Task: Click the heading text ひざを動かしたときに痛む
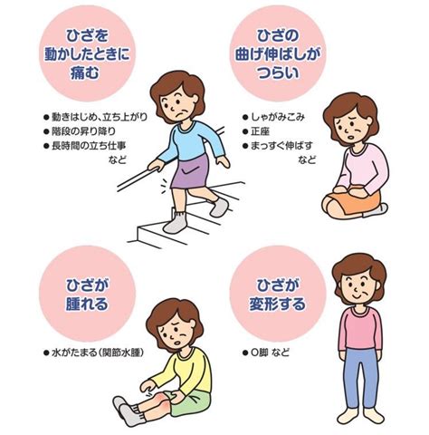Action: pos(87,54)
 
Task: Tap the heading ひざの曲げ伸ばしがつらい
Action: pos(278,54)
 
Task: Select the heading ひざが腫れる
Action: pos(87,295)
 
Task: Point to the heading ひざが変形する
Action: pos(278,295)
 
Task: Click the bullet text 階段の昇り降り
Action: pos(83,131)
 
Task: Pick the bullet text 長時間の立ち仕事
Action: pos(89,146)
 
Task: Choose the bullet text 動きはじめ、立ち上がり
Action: pos(100,117)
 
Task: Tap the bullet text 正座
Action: pos(261,131)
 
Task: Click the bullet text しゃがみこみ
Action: pos(278,117)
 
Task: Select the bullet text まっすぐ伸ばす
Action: pos(281,146)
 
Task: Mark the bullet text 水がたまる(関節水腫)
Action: pos(98,353)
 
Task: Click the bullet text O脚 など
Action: pos(271,353)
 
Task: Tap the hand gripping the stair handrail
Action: pos(156,165)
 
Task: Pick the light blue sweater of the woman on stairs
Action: pos(192,142)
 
